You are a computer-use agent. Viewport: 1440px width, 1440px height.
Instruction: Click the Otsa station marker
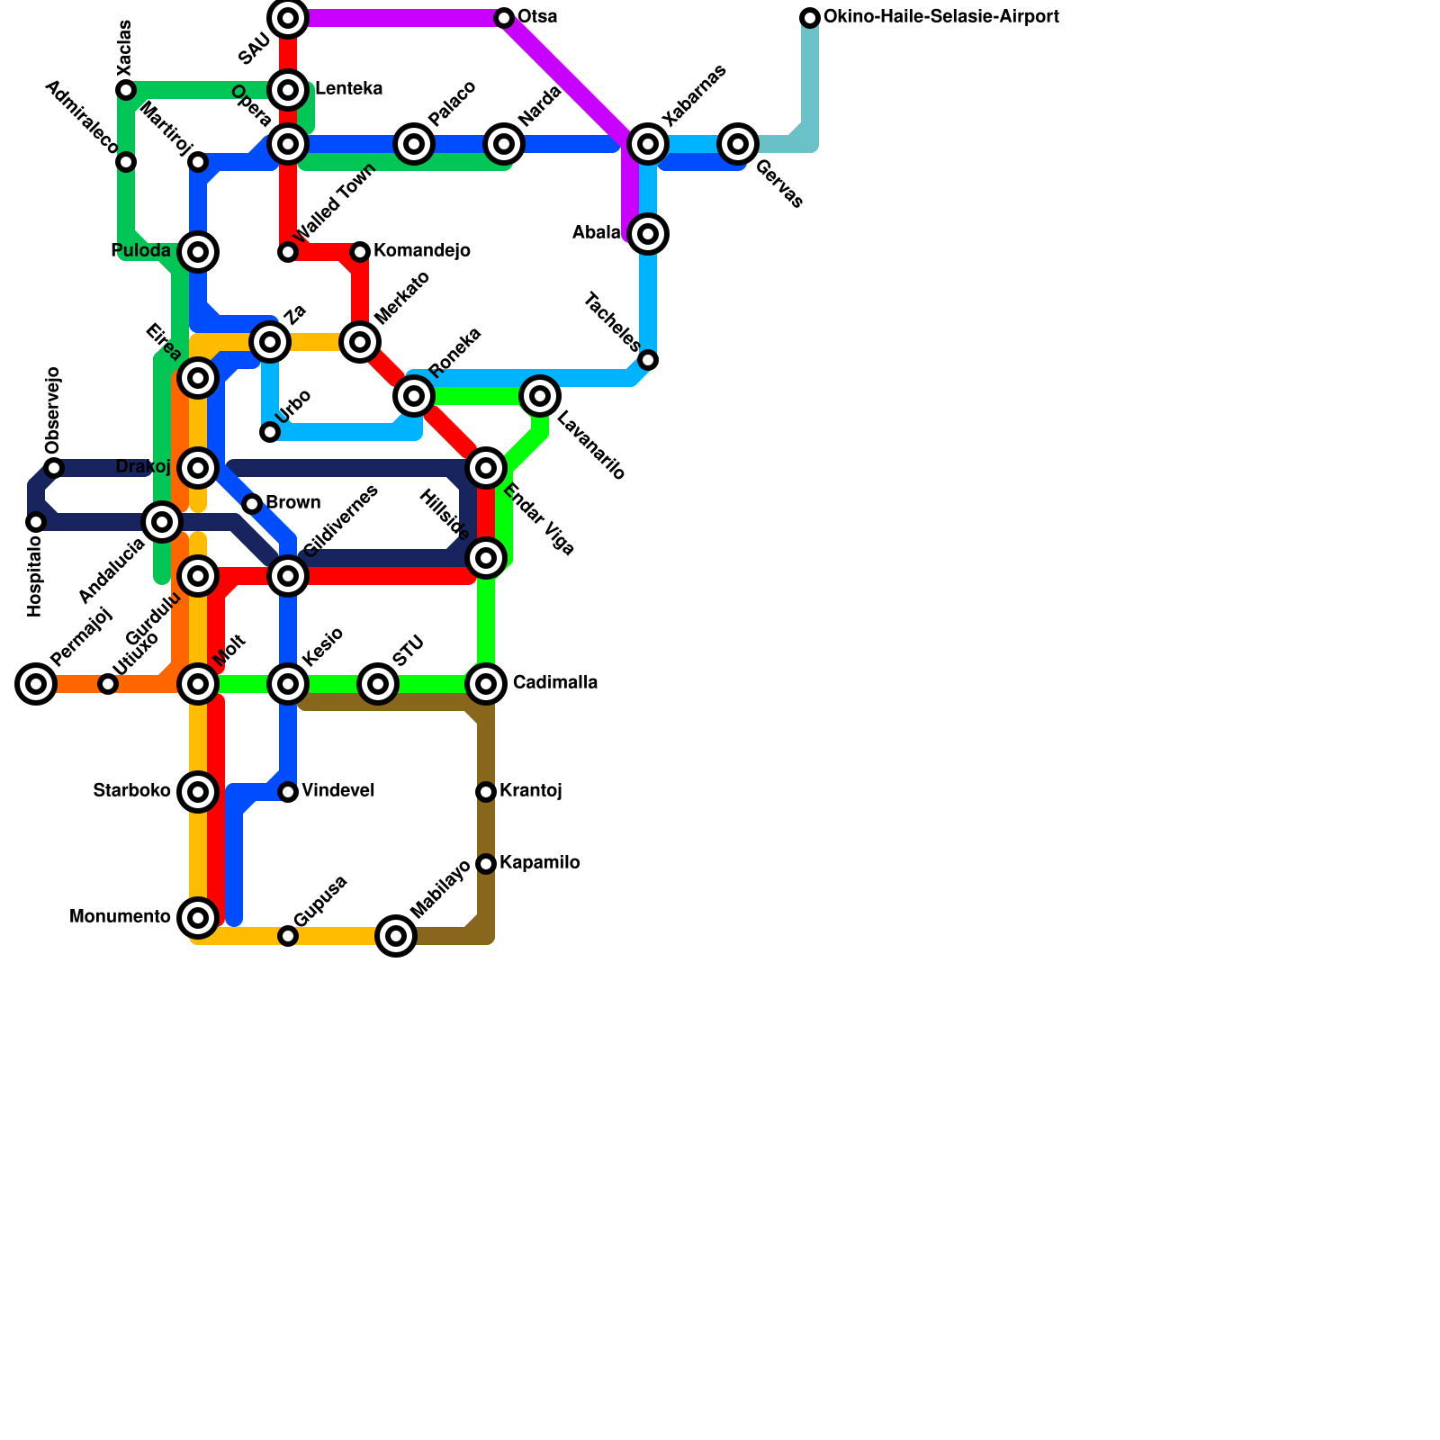coord(504,18)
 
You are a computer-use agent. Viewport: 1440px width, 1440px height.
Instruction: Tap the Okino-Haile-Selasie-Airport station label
coord(940,17)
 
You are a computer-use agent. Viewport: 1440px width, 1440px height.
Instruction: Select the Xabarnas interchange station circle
coord(648,144)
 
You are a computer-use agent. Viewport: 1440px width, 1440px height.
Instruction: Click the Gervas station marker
coord(738,144)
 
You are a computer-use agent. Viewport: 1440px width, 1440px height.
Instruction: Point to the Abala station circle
coord(648,234)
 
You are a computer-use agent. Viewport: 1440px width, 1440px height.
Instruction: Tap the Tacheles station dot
coord(648,360)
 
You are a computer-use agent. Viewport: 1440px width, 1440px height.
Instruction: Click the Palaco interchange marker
coord(414,144)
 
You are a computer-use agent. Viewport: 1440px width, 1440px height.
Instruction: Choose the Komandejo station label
coord(421,251)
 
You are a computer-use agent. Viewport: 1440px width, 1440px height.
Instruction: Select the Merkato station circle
coord(360,342)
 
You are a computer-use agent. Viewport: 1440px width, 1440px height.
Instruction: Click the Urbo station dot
coord(270,432)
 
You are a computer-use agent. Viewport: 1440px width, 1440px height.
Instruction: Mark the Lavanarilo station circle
coord(540,396)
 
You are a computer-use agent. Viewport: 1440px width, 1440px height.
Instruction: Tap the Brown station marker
coord(252,504)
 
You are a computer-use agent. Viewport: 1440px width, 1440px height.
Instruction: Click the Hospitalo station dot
coord(36,522)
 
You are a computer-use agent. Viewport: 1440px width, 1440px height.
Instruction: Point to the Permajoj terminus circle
coord(36,684)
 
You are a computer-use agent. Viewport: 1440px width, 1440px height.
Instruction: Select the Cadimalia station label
coord(554,683)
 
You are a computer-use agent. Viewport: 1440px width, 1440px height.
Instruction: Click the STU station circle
coord(378,684)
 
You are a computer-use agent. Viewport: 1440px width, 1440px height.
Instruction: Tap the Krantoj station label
coord(530,791)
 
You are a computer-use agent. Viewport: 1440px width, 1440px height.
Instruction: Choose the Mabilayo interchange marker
coord(396,936)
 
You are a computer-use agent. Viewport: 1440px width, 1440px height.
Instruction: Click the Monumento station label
coord(120,917)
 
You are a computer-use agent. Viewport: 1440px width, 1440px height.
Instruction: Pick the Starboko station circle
coord(198,792)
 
